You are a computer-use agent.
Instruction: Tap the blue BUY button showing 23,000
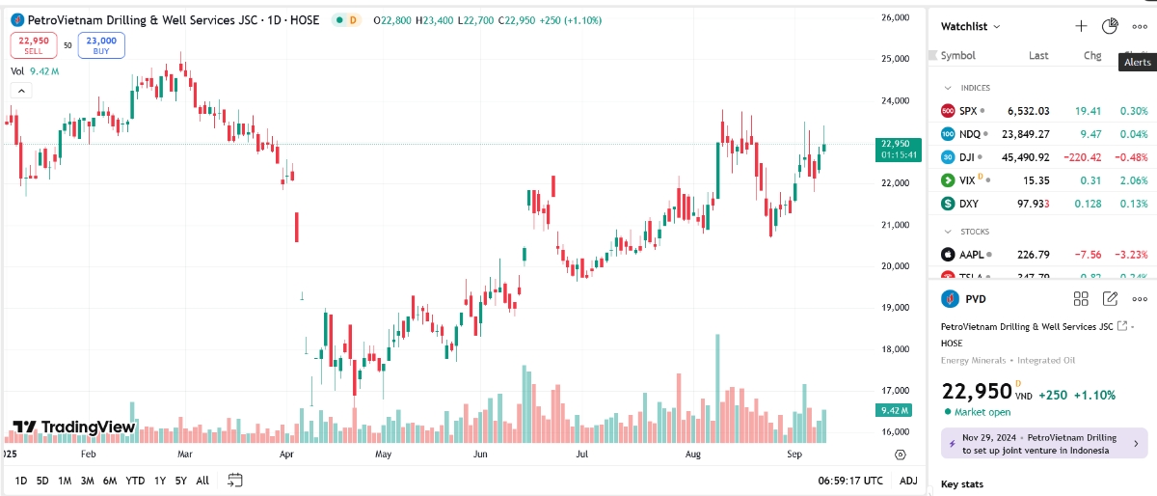101,44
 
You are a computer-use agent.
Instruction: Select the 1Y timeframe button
160,481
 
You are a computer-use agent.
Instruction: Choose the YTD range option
135,481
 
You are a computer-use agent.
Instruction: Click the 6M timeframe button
110,481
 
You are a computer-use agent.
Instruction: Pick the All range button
202,481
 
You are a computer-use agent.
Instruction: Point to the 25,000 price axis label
896,59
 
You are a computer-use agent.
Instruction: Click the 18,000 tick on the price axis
896,349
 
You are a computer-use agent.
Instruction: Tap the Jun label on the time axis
483,453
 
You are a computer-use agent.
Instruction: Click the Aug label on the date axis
692,453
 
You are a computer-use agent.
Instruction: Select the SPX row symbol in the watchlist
968,111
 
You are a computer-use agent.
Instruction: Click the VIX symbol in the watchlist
967,180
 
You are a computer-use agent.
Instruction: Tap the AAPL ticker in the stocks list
971,255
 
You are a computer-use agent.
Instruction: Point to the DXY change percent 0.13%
1134,204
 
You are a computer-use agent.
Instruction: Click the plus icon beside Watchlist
1081,26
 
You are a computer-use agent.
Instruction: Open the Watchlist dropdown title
970,26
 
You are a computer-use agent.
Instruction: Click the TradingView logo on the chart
74,427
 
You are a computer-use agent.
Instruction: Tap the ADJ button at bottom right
907,481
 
